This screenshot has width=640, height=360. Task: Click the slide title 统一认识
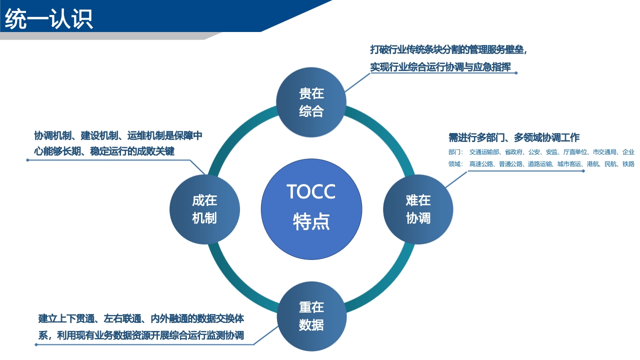49,19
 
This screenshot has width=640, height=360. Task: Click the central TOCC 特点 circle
311,209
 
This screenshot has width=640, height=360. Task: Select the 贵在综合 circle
311,102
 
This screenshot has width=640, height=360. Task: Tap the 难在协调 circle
418,209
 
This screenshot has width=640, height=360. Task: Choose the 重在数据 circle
311,316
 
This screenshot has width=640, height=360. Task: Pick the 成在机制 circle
204,209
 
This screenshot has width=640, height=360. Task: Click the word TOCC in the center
311,191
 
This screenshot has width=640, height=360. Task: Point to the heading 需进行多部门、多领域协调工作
514,137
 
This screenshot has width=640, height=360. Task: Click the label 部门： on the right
455,152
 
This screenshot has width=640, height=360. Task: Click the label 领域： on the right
455,164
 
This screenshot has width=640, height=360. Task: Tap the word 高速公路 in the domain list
481,164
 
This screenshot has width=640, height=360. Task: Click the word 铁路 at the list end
628,164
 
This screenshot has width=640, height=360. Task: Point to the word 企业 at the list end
628,152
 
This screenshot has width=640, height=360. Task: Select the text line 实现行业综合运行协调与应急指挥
440,67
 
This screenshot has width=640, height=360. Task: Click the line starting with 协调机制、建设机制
118,135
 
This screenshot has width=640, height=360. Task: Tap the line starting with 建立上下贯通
141,318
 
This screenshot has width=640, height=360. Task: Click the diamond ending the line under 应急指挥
516,73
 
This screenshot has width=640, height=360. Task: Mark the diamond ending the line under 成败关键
27,160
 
